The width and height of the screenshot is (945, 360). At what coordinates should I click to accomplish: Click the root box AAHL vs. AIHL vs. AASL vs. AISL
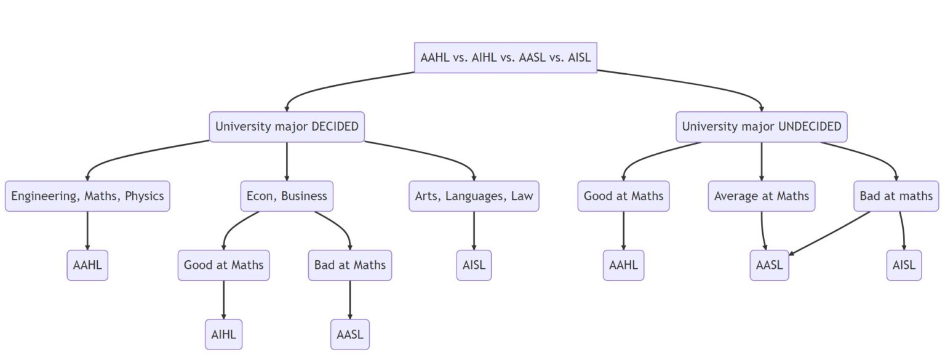click(x=505, y=58)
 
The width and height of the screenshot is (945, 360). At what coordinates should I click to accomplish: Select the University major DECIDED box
click(x=287, y=127)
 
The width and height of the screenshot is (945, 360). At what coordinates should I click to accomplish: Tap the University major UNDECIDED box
click(x=762, y=127)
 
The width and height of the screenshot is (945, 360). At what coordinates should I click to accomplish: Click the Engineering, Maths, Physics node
click(x=87, y=196)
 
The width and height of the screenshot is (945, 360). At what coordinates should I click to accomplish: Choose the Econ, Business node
click(x=287, y=196)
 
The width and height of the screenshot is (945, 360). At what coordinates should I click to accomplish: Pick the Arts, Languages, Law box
click(x=474, y=196)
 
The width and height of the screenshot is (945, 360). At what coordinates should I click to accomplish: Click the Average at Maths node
click(x=762, y=196)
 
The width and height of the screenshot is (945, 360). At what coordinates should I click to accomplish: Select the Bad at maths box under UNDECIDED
click(x=896, y=196)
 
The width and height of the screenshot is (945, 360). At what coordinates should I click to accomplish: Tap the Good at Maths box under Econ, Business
click(x=223, y=265)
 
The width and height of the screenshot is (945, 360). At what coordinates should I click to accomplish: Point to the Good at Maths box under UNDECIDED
click(x=623, y=196)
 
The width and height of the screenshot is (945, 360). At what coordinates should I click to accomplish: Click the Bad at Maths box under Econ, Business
click(x=350, y=265)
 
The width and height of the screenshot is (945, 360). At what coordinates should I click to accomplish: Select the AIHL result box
click(x=223, y=335)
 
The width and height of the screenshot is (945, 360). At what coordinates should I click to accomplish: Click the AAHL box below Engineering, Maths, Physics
click(x=87, y=265)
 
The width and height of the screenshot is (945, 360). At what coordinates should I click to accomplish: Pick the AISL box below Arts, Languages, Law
click(x=474, y=265)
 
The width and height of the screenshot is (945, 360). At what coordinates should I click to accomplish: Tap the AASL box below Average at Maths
click(x=769, y=265)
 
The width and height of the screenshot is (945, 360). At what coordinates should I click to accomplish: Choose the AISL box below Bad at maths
click(x=904, y=265)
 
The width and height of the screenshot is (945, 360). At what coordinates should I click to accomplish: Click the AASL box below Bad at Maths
click(x=350, y=335)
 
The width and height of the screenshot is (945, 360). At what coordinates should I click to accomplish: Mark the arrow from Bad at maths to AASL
click(x=831, y=233)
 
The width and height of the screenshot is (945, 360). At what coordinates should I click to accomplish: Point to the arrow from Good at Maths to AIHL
click(x=223, y=300)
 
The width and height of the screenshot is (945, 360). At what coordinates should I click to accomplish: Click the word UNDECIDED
click(x=810, y=127)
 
